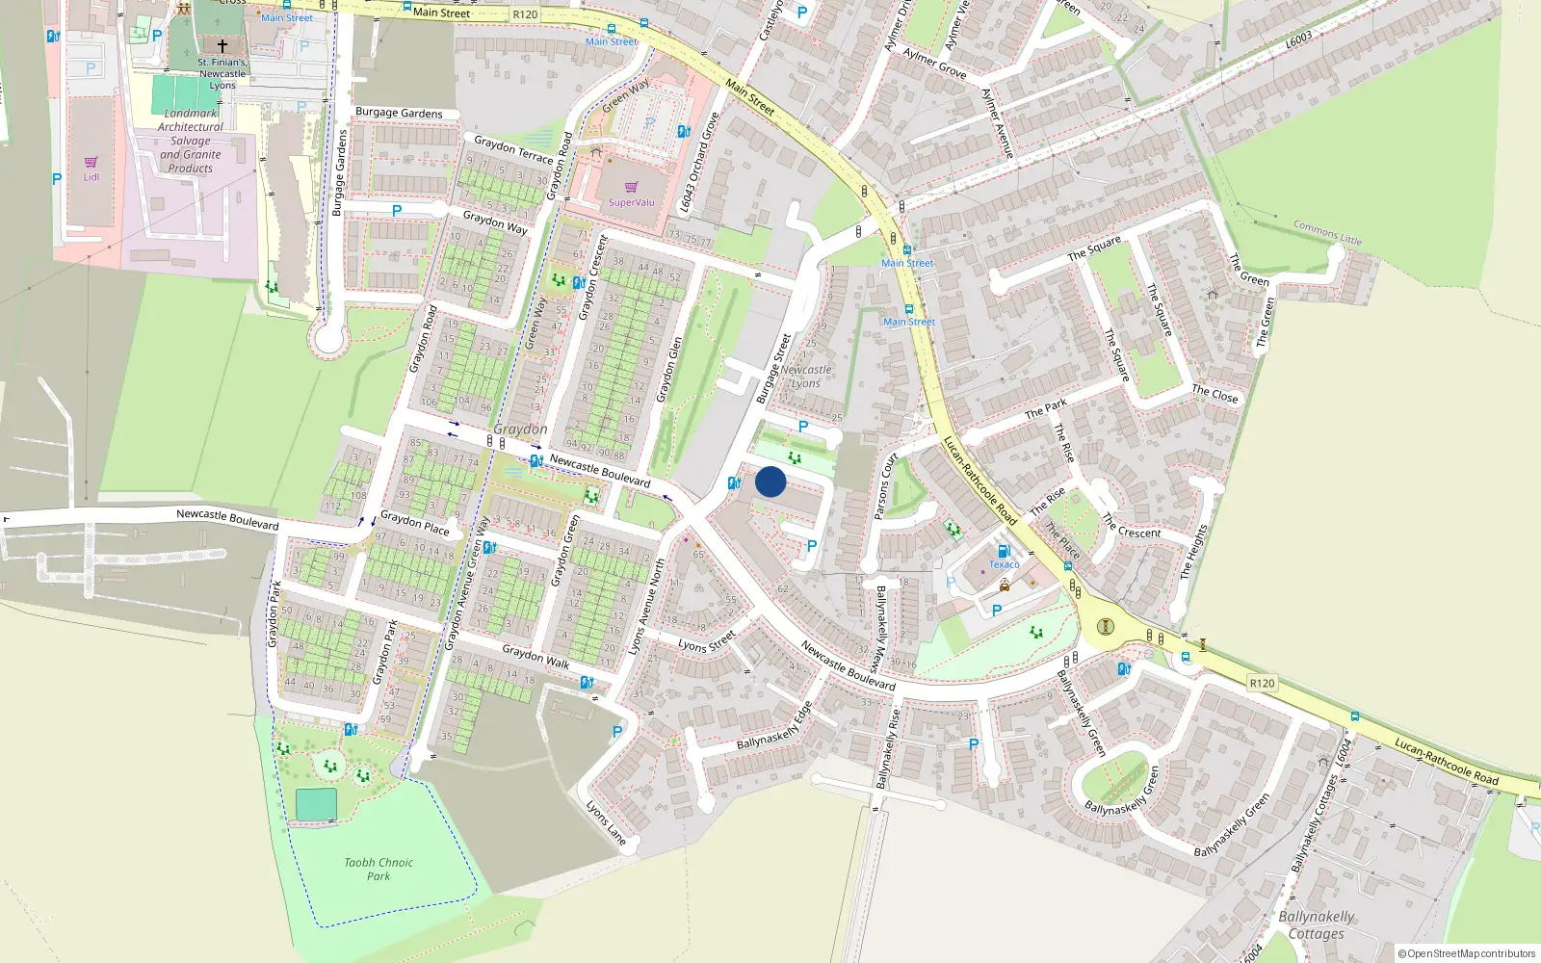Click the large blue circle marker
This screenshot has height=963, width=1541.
pos(770,481)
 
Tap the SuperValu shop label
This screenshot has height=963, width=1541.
pos(631,202)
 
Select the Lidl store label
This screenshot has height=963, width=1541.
pos(91,177)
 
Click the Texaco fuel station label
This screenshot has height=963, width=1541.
pos(1004,564)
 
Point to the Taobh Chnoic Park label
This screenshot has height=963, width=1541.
pos(379,869)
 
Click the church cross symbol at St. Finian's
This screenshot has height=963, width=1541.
pos(222,45)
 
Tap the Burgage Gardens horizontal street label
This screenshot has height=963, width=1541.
pos(399,113)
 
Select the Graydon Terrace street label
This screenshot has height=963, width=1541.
pos(513,150)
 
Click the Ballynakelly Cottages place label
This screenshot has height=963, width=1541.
pos(1316,924)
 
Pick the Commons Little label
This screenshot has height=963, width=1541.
pos(1327,233)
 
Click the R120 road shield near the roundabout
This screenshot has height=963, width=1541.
pos(1262,683)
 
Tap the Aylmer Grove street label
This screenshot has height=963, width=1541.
pos(934,64)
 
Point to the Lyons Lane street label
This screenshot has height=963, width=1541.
pos(606,822)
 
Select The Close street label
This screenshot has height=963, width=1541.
pos(1215,394)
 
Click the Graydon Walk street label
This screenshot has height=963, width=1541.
pos(535,657)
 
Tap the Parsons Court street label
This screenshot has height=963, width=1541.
pos(884,486)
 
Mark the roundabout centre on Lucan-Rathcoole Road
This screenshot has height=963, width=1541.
pos(1105,627)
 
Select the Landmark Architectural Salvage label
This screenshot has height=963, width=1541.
pos(191,141)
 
